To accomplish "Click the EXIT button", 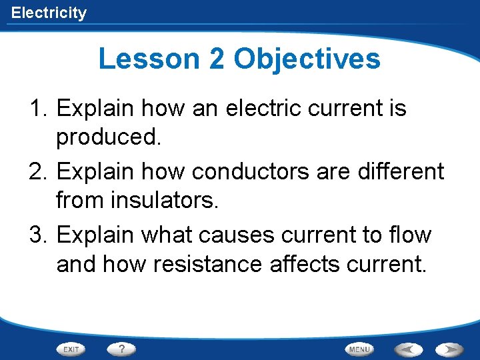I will [72, 349].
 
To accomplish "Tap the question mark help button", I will [121, 349].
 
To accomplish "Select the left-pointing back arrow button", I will [407, 349].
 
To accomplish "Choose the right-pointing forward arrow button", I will [450, 349].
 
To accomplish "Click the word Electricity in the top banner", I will [49, 13].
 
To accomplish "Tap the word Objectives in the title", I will [307, 59].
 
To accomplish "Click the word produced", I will [109, 137].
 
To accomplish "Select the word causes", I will [249, 235].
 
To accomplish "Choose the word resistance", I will [208, 264].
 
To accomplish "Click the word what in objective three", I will [176, 235].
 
